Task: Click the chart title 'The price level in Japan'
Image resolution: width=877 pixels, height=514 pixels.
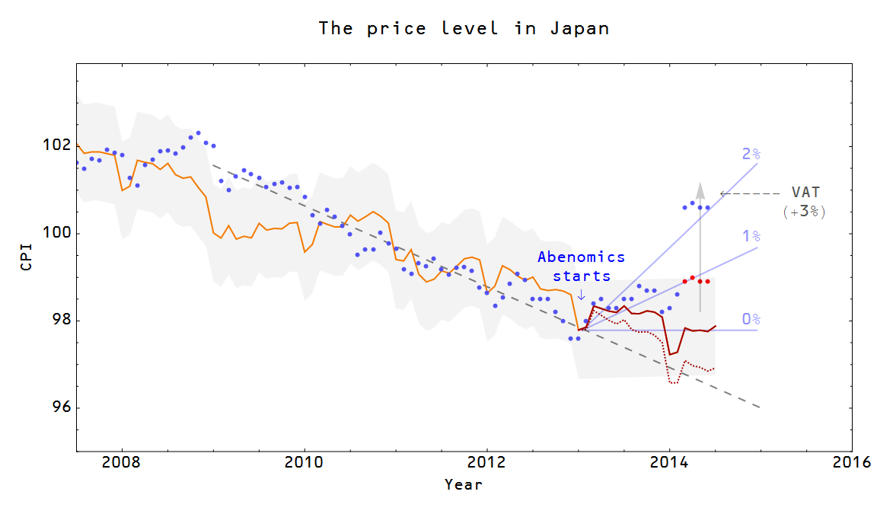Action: click(464, 28)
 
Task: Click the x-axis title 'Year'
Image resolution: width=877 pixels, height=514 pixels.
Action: click(464, 484)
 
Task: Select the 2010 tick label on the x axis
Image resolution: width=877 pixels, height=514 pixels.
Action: click(304, 463)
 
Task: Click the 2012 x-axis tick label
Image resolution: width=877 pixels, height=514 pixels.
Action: click(486, 463)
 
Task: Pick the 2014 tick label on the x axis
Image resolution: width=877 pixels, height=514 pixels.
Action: click(669, 463)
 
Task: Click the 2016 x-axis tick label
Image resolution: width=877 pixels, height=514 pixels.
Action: click(851, 463)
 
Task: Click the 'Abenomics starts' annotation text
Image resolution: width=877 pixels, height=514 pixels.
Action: click(581, 267)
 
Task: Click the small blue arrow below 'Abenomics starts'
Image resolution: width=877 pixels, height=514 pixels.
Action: click(582, 295)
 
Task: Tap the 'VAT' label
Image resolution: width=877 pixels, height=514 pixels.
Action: click(805, 193)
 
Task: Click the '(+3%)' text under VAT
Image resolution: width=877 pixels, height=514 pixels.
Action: click(805, 212)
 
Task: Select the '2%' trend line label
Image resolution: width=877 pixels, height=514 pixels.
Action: click(751, 155)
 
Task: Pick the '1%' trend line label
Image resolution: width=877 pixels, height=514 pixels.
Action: click(751, 237)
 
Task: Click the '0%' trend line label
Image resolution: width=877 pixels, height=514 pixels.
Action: click(751, 319)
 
